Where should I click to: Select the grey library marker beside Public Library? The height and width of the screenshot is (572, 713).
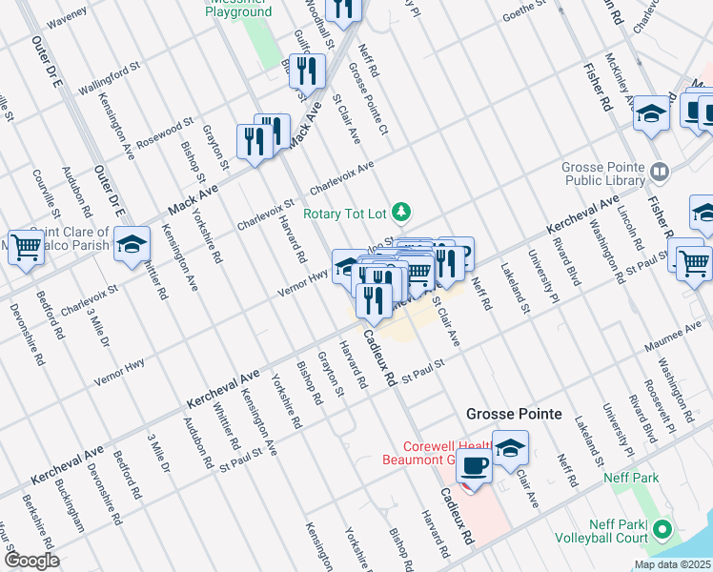[x=660, y=173]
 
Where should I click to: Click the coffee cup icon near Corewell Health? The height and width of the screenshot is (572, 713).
[x=473, y=465]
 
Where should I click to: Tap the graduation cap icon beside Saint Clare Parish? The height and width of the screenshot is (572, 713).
[x=132, y=243]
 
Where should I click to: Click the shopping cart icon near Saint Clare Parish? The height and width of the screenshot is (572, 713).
[x=27, y=247]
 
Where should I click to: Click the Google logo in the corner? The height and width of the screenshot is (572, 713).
[x=31, y=561]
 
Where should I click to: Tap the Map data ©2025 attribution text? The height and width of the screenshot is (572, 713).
[x=672, y=564]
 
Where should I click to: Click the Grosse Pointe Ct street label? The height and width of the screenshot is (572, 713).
[x=369, y=99]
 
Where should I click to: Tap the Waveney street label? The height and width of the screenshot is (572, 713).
[x=67, y=16]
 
